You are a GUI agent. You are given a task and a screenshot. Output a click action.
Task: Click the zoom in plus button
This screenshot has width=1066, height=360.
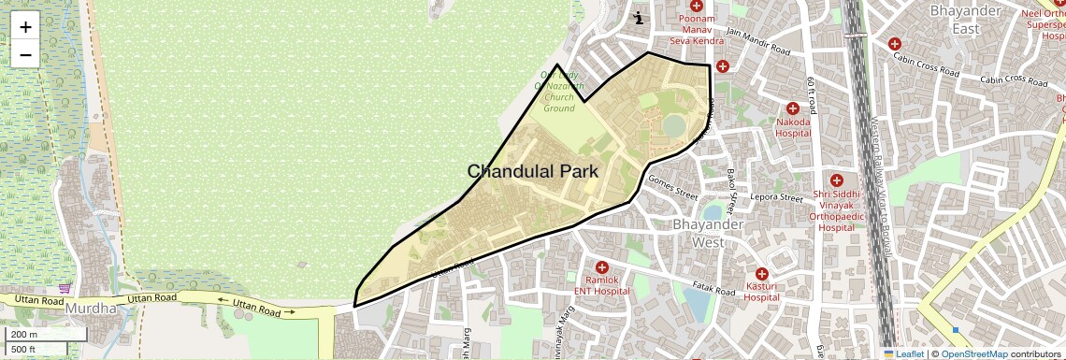click(x=25, y=27)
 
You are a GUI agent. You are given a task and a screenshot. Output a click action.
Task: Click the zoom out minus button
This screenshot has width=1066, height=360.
click(x=25, y=54)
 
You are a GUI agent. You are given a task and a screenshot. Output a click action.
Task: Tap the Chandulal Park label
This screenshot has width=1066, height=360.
click(x=532, y=171)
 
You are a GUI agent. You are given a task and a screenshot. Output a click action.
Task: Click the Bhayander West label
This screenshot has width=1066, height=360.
click(x=708, y=233)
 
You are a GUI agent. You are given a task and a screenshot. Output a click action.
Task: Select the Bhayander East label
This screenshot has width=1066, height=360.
click(x=967, y=20)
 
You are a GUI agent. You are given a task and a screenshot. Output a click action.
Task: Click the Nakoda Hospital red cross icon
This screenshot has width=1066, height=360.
click(x=793, y=108)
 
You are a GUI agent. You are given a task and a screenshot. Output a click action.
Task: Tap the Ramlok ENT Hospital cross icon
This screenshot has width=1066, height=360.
click(x=601, y=267)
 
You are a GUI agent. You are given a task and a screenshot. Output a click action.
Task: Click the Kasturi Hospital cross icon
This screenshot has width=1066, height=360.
click(x=762, y=273)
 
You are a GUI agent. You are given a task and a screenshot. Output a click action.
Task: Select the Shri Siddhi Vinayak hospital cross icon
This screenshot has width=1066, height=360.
click(x=836, y=180)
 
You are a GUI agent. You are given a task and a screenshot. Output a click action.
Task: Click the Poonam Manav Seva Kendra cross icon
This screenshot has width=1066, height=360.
click(x=697, y=7)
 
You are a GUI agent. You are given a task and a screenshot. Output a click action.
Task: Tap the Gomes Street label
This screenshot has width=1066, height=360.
click(x=673, y=188)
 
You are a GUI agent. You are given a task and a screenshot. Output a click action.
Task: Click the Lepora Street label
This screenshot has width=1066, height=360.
click(x=778, y=198)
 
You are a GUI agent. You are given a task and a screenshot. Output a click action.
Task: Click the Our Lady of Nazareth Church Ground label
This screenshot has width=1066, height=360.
click(x=559, y=91)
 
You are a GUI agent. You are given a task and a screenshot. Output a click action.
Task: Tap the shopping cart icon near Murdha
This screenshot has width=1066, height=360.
click(x=65, y=289)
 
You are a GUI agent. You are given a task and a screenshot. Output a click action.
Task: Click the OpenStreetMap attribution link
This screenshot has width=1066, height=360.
click(x=973, y=354)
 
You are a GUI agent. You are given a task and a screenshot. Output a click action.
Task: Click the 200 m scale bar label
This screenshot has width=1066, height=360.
click(x=24, y=335)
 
